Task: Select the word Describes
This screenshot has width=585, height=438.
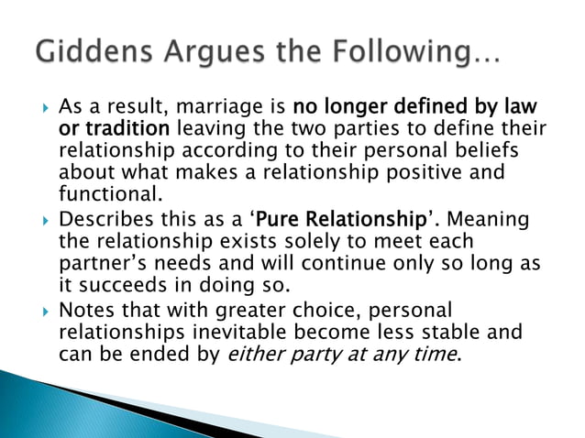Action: (110, 224)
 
